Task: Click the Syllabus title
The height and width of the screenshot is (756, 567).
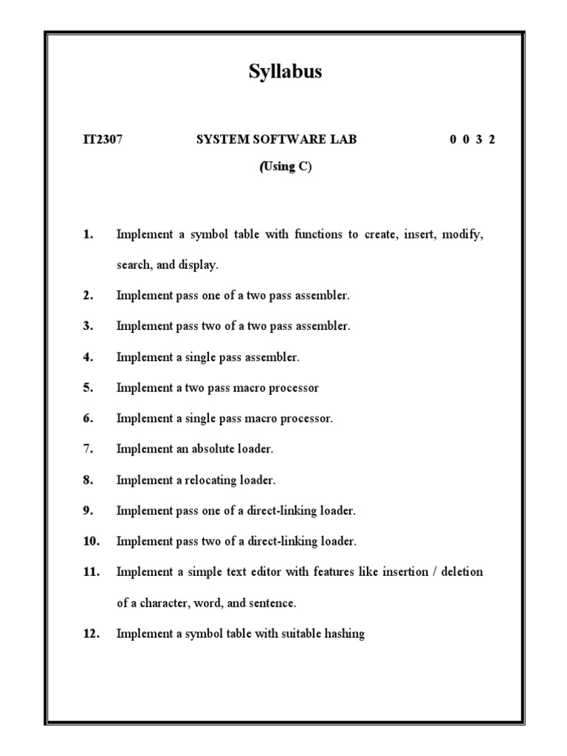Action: [283, 72]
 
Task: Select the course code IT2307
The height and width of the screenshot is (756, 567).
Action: [102, 140]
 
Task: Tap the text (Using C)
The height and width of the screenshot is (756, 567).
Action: [285, 167]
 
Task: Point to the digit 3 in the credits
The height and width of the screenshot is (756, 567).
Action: [478, 140]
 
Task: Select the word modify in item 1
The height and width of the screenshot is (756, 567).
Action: [463, 235]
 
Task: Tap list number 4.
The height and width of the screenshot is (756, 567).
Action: [88, 357]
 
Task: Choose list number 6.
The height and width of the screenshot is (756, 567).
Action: [88, 419]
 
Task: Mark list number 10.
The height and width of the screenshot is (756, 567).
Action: [91, 541]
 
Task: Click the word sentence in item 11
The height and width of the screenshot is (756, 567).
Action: [269, 603]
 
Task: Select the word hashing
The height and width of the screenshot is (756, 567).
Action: [345, 633]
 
